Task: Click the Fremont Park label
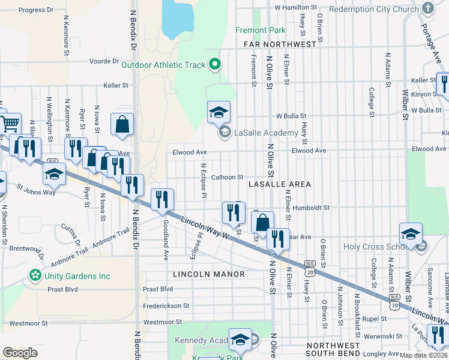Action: [x=260, y=29]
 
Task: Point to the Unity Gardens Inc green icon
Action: [x=36, y=276]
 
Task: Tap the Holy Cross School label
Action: [x=376, y=247]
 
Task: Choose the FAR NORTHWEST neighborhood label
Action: [x=280, y=45]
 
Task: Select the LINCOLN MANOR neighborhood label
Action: [x=208, y=274]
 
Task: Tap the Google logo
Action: [x=20, y=353]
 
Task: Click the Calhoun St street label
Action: [x=227, y=178]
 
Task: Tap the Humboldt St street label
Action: [x=312, y=208]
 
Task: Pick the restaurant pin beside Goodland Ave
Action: [x=162, y=200]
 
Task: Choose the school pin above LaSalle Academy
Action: [x=219, y=112]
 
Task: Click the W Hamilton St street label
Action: [x=295, y=7]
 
